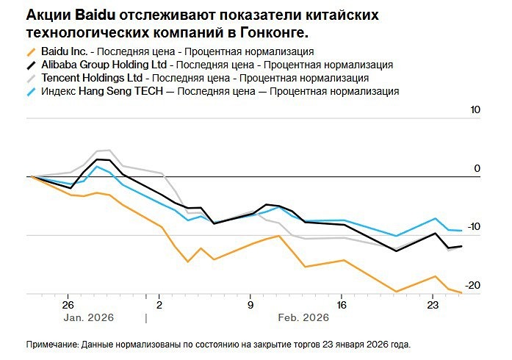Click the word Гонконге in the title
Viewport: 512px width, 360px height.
coord(272,32)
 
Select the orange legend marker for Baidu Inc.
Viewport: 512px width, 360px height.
coord(30,52)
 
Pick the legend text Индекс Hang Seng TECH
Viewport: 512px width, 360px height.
coord(104,92)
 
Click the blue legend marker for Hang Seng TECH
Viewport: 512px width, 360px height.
coord(30,93)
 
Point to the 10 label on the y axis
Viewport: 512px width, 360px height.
coord(475,110)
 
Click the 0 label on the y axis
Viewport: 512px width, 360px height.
coord(477,168)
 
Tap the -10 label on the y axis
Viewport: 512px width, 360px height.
coord(473,226)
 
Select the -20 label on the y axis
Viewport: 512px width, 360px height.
coord(473,285)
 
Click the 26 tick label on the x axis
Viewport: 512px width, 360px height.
coord(68,305)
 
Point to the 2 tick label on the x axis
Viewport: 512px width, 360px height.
coord(159,305)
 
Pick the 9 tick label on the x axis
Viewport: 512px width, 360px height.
coord(250,305)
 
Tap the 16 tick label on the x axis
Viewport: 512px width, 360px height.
coord(341,305)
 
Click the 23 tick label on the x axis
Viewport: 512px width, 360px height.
coord(432,305)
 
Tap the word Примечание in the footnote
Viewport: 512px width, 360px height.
coord(52,344)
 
